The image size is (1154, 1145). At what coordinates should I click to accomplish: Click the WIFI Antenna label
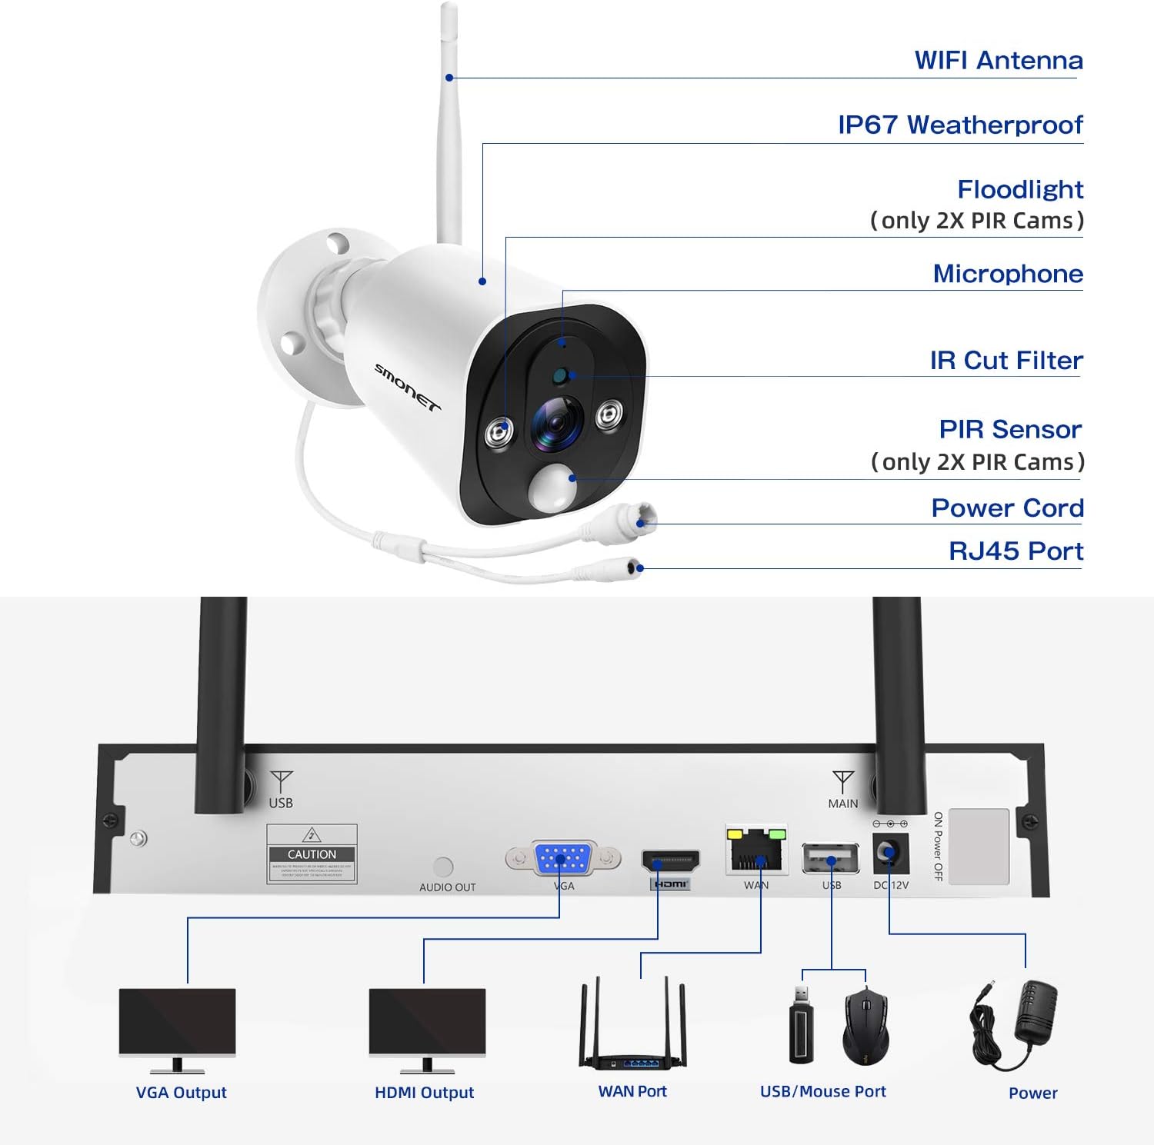point(998,60)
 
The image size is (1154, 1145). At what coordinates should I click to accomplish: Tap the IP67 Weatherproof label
point(960,125)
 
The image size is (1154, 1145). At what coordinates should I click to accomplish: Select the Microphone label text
point(1008,274)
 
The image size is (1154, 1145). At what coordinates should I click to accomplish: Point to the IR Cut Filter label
point(1006,360)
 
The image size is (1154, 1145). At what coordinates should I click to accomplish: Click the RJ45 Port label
point(1016,551)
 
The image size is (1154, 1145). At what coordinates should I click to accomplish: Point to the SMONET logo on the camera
point(407,387)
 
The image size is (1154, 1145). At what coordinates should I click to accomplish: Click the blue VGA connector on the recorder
point(563,857)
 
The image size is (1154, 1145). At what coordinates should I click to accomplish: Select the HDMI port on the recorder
point(671,860)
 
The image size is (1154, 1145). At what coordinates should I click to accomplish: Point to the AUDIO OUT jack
point(443,867)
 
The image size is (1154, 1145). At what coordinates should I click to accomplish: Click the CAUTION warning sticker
point(312,854)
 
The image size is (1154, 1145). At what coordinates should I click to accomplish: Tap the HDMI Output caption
point(424,1092)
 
